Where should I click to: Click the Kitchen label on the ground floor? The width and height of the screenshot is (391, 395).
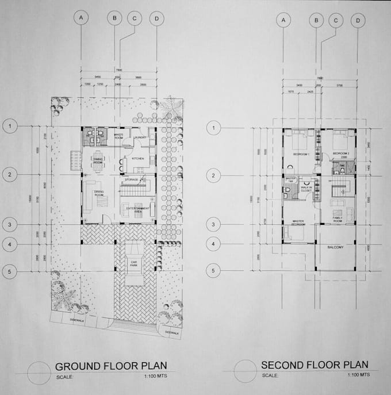click(137, 158)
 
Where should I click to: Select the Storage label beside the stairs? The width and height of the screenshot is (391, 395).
click(132, 180)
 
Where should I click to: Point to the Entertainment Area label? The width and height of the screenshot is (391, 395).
click(139, 209)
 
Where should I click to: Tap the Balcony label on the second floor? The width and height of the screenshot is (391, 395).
click(335, 247)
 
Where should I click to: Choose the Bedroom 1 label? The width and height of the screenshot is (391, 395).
click(301, 155)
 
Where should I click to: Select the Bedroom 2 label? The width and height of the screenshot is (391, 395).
click(341, 154)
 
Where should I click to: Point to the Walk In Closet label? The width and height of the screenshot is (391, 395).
click(306, 189)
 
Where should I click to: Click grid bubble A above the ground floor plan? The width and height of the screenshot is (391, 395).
click(82, 18)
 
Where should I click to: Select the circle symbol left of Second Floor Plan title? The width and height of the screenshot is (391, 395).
click(246, 369)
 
